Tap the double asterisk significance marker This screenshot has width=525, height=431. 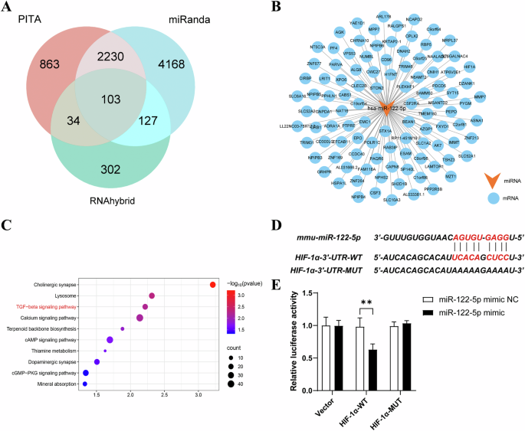365,289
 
